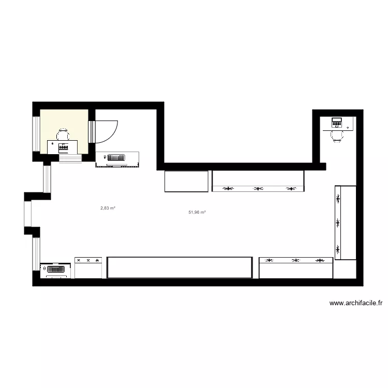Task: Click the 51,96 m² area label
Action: click(197, 212)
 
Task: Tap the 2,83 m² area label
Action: click(108, 208)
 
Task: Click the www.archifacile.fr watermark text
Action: click(355, 304)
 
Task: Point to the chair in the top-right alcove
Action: click(337, 136)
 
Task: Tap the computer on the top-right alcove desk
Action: click(337, 123)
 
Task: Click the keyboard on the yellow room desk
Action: click(65, 147)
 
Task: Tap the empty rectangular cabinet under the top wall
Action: click(186, 181)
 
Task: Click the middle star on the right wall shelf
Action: click(338, 223)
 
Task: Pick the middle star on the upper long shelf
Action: click(258, 189)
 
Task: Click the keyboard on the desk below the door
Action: click(115, 157)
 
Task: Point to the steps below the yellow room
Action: click(70, 158)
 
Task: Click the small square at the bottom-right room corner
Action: click(345, 269)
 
